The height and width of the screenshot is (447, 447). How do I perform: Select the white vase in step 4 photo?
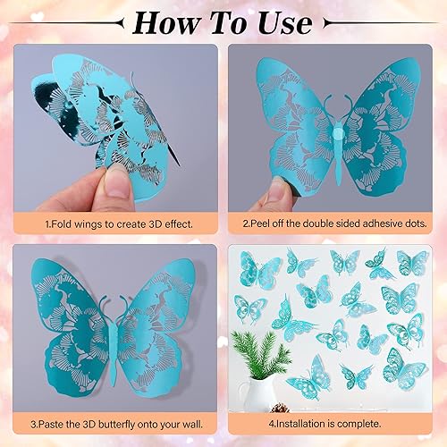click(x=257, y=391)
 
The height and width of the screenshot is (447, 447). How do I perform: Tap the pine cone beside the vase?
click(x=281, y=409)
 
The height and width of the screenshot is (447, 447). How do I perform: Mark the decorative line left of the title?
click(x=72, y=21)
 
